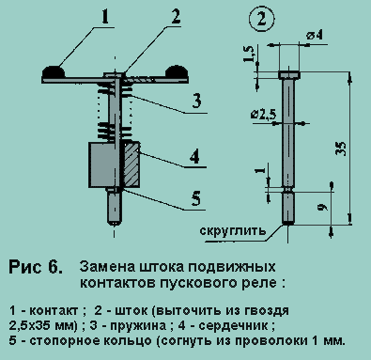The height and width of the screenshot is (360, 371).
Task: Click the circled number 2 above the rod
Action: tap(261, 19)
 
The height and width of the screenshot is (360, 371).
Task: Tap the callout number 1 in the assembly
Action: tap(105, 17)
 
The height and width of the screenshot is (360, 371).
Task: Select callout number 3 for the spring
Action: tap(196, 102)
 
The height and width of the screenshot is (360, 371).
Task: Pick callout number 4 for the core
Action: tap(194, 156)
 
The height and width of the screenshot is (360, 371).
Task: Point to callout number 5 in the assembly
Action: tap(196, 198)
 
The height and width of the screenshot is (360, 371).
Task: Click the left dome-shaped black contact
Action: tap(54, 71)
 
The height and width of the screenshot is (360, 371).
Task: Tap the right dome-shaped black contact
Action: tap(177, 71)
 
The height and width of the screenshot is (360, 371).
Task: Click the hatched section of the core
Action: tap(131, 164)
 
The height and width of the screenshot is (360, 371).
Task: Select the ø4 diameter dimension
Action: tap(315, 35)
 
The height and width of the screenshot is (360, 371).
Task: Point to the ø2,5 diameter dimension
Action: tap(263, 115)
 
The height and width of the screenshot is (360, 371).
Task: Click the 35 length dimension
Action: tap(341, 149)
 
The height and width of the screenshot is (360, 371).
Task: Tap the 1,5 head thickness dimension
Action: tap(248, 54)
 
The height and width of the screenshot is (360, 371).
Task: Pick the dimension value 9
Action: tap(323, 207)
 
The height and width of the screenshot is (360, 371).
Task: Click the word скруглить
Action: tap(233, 231)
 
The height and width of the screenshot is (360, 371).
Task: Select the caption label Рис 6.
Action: tap(36, 267)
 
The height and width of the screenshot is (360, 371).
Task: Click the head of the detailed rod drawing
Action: tap(289, 75)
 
